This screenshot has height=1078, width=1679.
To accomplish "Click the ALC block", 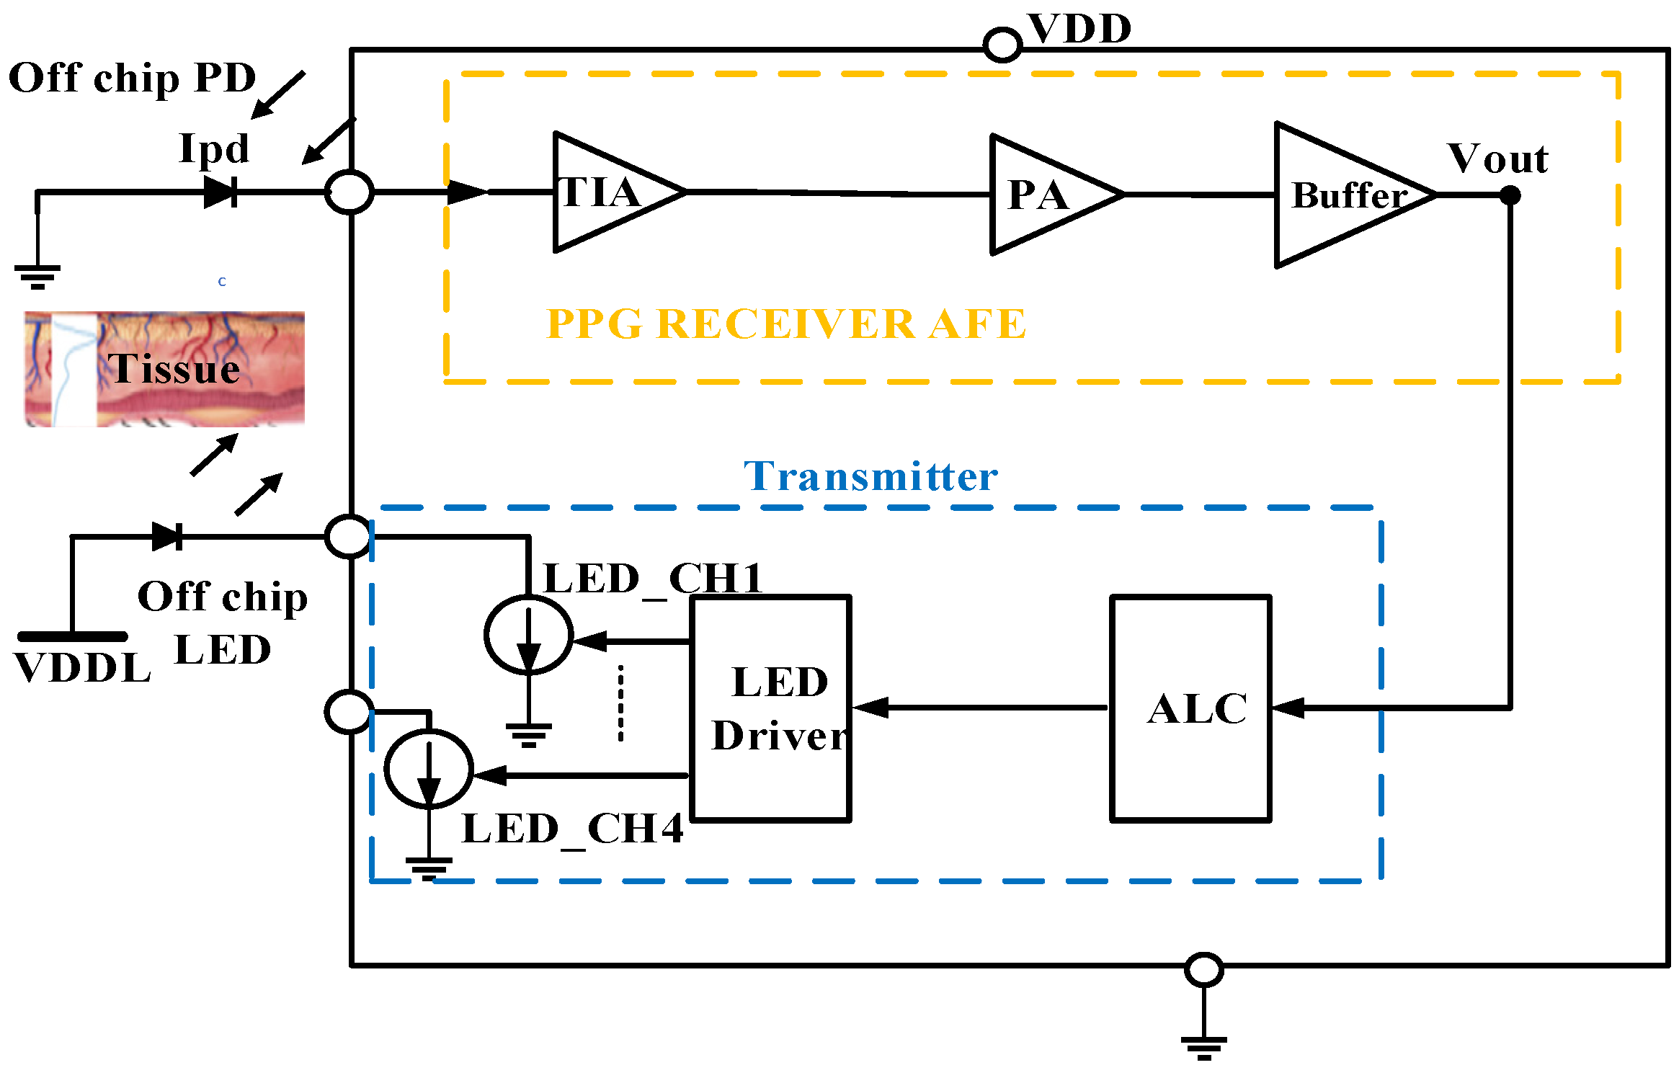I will pos(1190,708).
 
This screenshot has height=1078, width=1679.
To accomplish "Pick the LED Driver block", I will pos(771,708).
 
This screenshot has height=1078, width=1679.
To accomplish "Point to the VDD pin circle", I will pos(1002,45).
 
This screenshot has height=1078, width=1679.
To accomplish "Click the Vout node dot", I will pos(1510,195).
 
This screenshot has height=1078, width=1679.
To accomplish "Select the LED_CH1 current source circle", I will pos(528,635).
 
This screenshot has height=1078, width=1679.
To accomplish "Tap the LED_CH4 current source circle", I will pos(429,769).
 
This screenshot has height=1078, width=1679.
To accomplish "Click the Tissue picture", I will pos(164,369).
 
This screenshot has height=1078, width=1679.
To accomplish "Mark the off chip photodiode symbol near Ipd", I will pos(221,192).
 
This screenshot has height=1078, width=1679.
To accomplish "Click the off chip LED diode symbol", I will pos(167,537).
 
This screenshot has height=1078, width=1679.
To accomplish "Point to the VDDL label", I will pos(82,668).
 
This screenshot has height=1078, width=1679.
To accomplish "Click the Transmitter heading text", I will pos(870,477).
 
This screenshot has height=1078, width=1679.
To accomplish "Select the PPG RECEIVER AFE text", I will pos(785,324).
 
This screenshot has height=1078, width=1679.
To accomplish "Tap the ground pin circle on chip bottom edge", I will pos(1203,969).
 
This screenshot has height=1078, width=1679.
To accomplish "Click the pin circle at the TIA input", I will pos(349,192).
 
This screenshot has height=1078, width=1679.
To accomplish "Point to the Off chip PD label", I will pos(132,78).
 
